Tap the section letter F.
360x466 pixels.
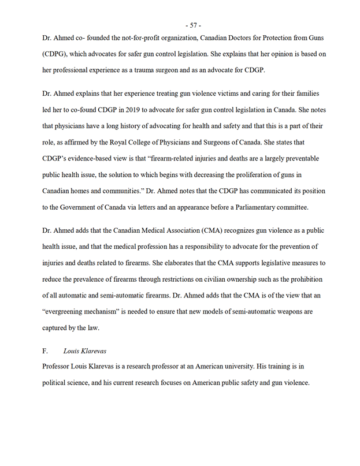tap(45, 350)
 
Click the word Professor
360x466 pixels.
tap(60, 366)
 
